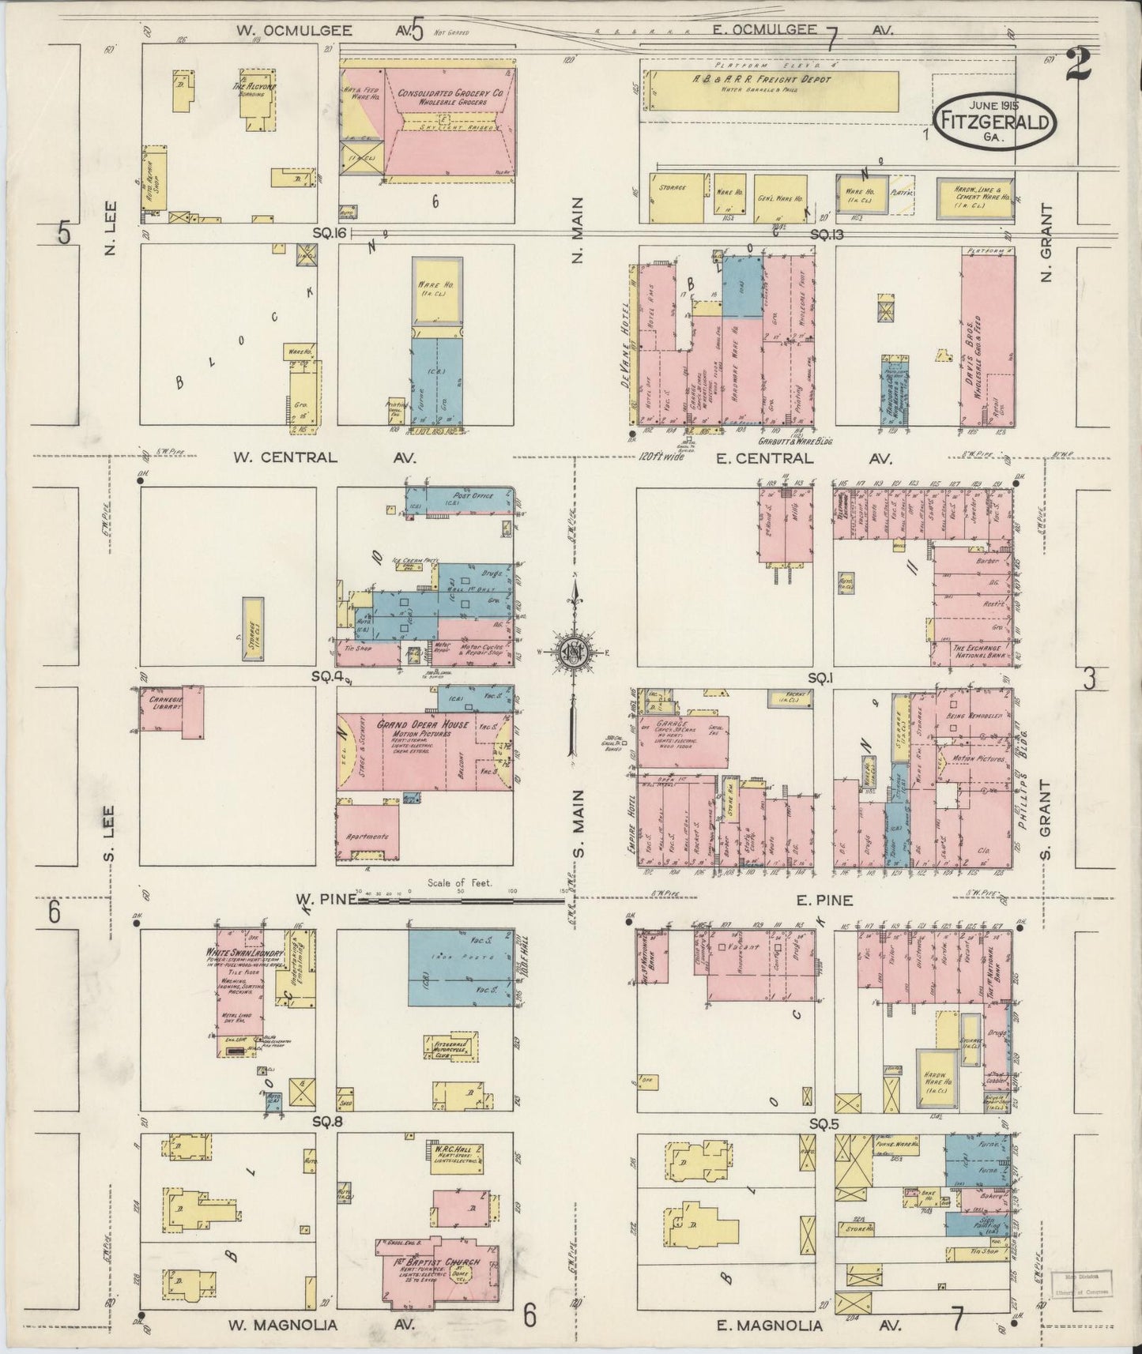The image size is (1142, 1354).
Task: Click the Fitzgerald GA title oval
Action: [x=995, y=120]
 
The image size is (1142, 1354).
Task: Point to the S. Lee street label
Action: [x=109, y=832]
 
